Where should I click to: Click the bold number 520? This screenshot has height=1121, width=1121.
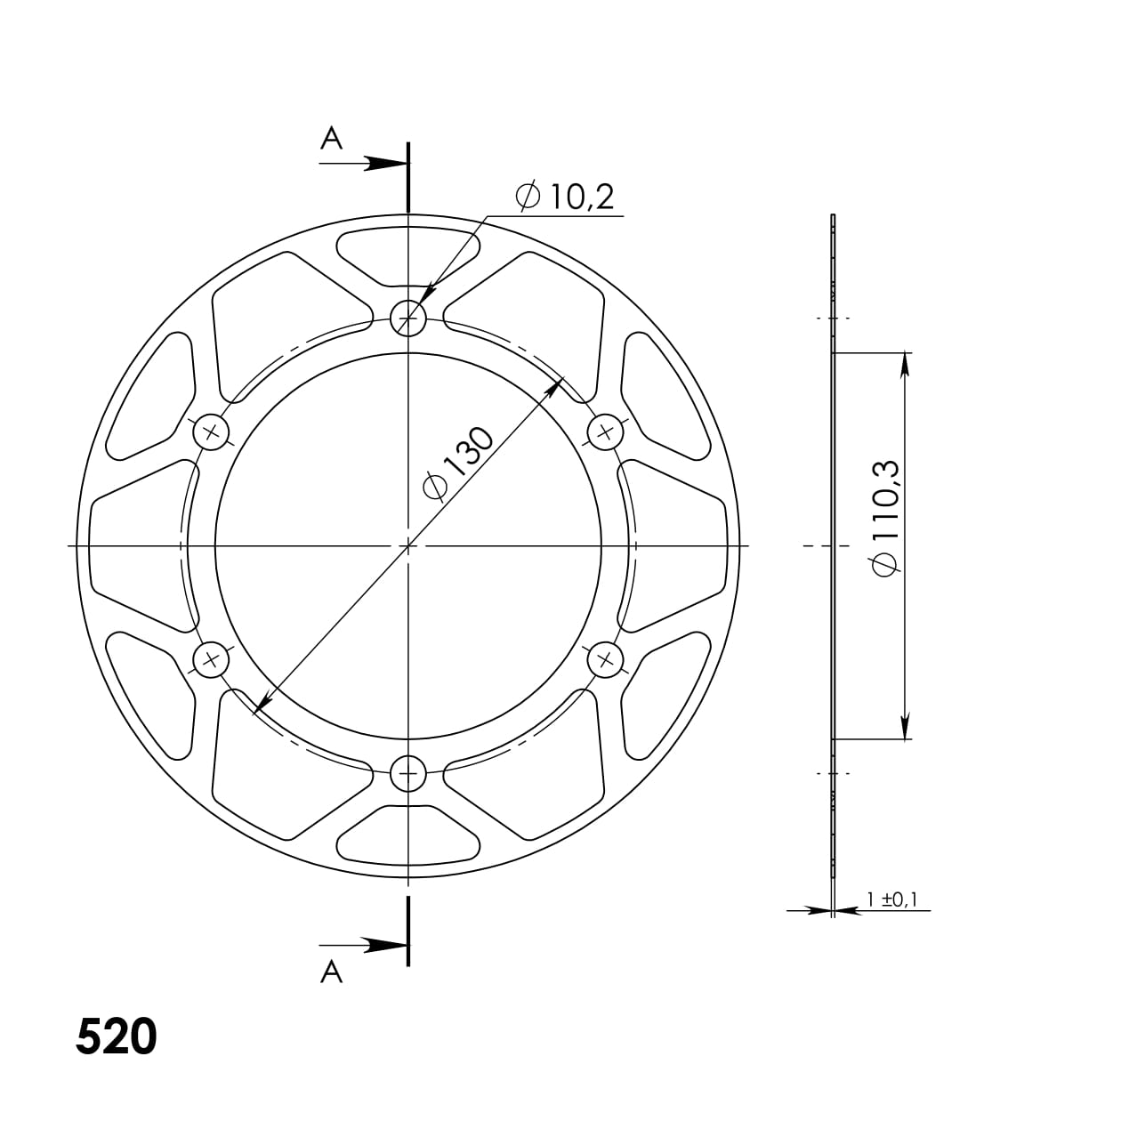tap(117, 1036)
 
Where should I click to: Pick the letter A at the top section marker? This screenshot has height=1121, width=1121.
tap(331, 139)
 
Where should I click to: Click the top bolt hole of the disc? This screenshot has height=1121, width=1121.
tap(408, 316)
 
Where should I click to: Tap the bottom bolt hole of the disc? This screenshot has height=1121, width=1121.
tap(408, 773)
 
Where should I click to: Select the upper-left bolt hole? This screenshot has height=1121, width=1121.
tap(211, 432)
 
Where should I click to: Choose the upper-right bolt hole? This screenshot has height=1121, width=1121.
tap(606, 432)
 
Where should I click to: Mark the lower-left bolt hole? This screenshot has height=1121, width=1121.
tap(211, 659)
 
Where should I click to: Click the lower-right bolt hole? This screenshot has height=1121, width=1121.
tap(606, 659)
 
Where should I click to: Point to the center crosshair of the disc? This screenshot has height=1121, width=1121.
tap(408, 544)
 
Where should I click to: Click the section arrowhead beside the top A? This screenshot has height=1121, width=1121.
tap(388, 163)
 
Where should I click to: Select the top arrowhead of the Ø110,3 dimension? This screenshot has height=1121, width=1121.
tap(905, 365)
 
